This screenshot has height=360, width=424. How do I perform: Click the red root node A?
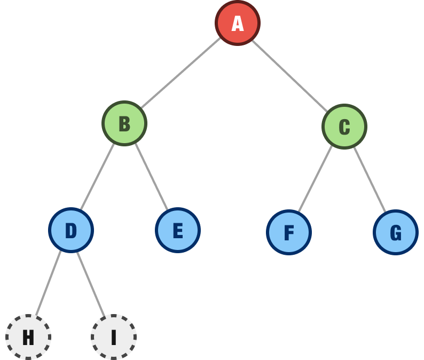coord(238,23)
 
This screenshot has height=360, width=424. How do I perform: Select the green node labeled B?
coord(124,123)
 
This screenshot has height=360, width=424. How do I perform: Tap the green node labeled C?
coord(344,126)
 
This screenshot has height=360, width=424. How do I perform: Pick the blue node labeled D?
coord(71,230)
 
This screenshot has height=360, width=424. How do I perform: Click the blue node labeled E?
coord(178,230)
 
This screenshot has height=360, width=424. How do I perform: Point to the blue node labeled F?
coord(289,232)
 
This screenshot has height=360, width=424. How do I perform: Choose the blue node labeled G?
coord(396,232)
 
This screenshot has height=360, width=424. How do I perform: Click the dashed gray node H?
coord(28,337)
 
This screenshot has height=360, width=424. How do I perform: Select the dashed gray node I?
coord(114,337)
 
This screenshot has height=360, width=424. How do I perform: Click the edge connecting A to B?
coord(181,73)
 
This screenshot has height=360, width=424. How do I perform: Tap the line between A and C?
coord(289,76)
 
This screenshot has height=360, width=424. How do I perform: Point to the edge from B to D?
coord(97,176)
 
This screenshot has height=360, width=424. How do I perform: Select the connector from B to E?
coord(152,176)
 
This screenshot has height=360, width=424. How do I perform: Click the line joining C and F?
coord(315,179)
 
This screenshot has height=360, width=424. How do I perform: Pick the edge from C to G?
coord(370,179)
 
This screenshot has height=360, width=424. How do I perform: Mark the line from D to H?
coord(49,283)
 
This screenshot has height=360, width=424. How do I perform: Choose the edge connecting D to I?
coord(91,284)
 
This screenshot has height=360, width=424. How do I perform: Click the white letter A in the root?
coord(238,24)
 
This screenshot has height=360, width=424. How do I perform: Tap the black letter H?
coord(28,337)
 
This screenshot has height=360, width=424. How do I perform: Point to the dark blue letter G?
coord(396,232)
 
